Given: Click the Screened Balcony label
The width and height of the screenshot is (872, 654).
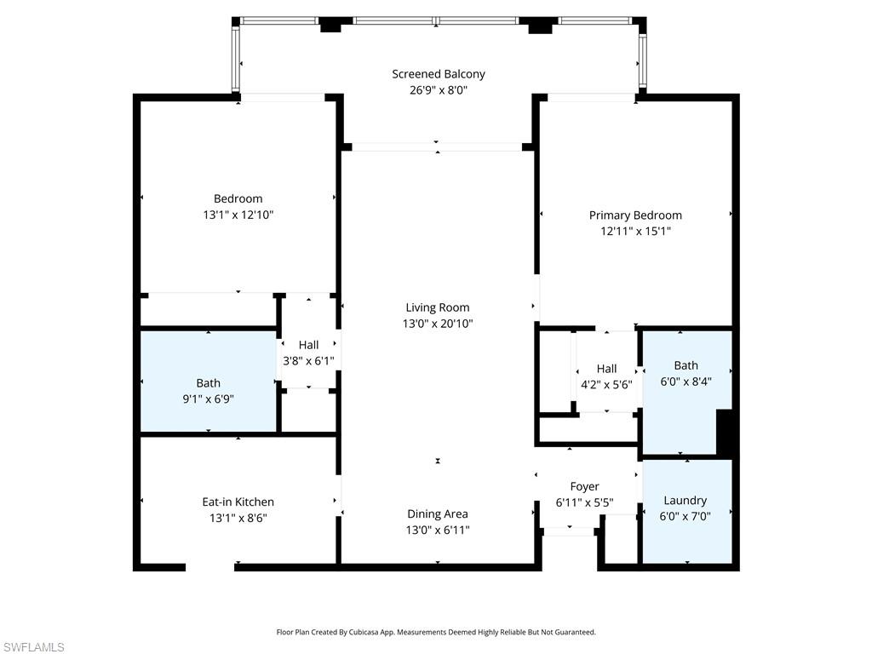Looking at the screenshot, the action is coord(439,74).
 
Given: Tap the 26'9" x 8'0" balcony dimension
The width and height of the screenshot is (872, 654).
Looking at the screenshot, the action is coord(439,90).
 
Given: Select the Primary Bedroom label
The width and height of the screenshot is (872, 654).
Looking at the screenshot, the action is coord(635,215).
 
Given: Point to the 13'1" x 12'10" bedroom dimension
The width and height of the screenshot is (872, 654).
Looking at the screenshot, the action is coord(238,215).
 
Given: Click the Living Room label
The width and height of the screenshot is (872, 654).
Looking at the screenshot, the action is coord(437,307).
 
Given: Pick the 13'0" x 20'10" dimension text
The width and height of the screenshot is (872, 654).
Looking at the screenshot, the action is coord(437,324).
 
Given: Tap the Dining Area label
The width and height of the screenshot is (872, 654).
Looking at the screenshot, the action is coord(437,513).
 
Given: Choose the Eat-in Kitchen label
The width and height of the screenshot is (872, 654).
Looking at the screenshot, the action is coord(238,502).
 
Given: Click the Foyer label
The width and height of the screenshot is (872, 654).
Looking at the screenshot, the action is coord(584,486).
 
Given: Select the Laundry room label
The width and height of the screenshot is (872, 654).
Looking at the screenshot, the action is coord(686,501).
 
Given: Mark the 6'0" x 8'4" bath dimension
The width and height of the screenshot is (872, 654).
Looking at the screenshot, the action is coord(686,381).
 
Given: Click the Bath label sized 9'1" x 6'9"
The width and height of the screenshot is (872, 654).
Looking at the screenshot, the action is coord(208,383).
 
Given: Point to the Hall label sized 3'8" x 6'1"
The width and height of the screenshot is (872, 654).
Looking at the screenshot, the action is coord(308,345).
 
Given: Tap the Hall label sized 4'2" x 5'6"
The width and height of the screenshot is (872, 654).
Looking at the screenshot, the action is coord(606,369).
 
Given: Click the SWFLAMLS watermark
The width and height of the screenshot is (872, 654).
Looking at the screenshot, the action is coord(32,647).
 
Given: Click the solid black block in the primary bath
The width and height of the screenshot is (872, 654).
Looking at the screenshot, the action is coord(724,433).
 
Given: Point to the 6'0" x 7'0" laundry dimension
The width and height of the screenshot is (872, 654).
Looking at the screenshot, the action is coord(686,516).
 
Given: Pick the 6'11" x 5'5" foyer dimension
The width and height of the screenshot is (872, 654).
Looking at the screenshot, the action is coord(584,502).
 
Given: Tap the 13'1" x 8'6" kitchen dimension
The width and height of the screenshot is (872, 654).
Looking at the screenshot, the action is coord(238,518).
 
